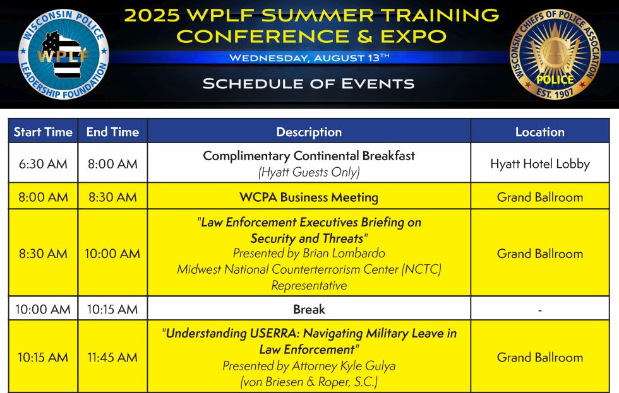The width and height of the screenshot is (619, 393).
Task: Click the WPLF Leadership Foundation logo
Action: pos(64,54)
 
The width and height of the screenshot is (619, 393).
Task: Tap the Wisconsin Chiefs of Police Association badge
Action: pos(555,54)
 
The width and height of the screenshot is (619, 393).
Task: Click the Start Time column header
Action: pos(43,132)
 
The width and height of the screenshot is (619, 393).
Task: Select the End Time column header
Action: pos(112,132)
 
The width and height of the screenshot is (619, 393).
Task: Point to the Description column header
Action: pos(309,132)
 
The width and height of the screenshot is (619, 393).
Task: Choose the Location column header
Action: pos(539,132)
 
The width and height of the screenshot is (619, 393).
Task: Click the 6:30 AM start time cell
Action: pos(43,163)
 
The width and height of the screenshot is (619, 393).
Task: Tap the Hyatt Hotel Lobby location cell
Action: pos(540,164)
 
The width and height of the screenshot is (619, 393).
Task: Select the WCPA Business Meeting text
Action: pos(309,197)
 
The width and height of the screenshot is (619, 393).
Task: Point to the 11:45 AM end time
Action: pos(112,358)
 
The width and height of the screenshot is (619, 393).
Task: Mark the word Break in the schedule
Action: pos(309,310)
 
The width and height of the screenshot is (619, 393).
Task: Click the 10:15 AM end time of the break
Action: pos(112,310)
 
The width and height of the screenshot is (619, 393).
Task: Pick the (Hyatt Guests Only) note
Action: pos(309,172)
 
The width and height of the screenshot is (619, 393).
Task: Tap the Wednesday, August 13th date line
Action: pos(309,58)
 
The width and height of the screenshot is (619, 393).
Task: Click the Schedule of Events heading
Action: pos(309,83)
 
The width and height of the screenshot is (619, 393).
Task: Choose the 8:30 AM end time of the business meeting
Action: pos(112,197)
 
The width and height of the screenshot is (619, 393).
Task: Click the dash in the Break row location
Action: pos(540,310)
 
